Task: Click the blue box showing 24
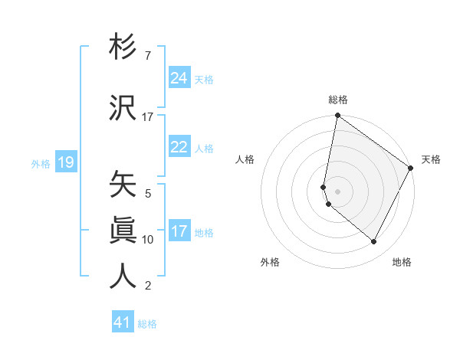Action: [179, 78]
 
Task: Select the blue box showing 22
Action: [179, 147]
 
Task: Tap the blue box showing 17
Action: [179, 231]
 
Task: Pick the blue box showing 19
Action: [66, 162]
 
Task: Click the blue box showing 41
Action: [123, 322]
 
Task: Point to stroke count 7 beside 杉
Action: [147, 56]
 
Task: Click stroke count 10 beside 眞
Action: [148, 240]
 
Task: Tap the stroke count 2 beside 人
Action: [148, 286]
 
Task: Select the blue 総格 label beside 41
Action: [147, 324]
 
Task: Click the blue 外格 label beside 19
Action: [41, 163]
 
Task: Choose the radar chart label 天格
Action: [431, 159]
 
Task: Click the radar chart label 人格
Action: [245, 159]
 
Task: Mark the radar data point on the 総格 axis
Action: [337, 116]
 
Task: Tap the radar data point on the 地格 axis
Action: [373, 242]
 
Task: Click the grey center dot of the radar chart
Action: [337, 191]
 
